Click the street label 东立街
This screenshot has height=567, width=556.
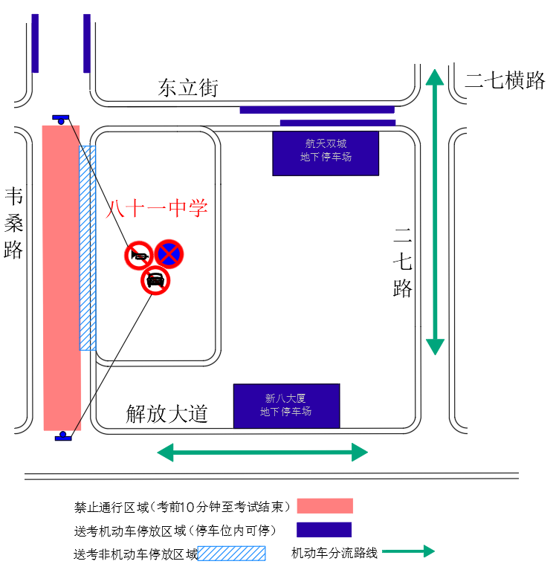188,88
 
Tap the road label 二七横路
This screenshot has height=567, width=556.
505,81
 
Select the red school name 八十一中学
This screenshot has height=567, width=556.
156,209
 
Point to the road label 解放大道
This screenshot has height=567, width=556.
167,414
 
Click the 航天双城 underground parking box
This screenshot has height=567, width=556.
326,152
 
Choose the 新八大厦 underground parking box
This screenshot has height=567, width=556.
286,406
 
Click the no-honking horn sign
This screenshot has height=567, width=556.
139,256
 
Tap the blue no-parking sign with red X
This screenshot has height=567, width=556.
169,254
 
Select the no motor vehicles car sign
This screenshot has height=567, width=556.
155,281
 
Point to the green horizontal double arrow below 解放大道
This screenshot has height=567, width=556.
262,452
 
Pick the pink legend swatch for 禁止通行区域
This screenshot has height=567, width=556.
325,506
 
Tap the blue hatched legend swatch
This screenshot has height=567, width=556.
231,553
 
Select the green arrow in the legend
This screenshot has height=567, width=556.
407,551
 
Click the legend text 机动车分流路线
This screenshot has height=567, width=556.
334,553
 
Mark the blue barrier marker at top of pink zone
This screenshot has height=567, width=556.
61,118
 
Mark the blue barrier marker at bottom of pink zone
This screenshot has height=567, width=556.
64,436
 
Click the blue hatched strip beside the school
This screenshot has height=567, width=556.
88,247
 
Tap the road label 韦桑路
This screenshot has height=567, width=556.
14,223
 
